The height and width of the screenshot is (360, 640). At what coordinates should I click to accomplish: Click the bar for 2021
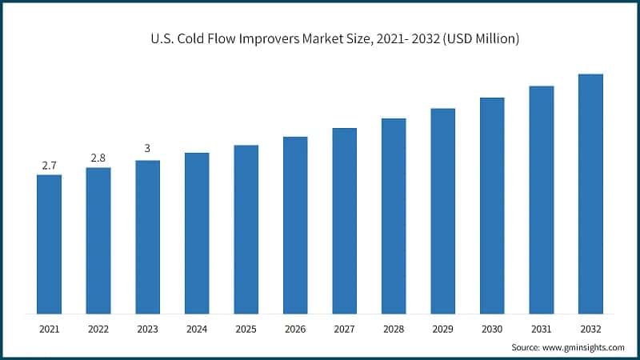click(49, 244)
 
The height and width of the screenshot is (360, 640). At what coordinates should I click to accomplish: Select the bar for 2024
click(197, 233)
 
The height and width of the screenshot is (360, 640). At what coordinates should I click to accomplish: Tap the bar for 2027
click(345, 221)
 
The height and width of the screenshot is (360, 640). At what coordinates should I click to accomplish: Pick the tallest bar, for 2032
click(590, 194)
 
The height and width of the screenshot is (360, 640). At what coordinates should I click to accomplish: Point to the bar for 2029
click(443, 210)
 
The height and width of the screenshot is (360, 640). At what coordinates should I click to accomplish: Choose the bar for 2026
click(295, 225)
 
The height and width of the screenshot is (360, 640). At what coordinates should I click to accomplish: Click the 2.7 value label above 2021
click(49, 166)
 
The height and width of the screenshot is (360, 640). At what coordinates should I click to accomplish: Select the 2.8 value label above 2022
click(98, 158)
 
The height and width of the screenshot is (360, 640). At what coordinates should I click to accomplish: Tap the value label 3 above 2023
click(147, 149)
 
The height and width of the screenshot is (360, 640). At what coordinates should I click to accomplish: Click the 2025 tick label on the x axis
click(246, 329)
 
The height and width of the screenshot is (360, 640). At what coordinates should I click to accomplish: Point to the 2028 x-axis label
click(394, 329)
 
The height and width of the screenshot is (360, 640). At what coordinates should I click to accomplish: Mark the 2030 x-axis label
click(492, 329)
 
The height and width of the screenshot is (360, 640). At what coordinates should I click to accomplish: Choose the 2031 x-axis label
click(542, 329)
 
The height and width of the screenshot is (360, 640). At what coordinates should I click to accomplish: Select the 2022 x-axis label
click(98, 329)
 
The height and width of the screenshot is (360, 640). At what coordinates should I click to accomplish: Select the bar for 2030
click(492, 206)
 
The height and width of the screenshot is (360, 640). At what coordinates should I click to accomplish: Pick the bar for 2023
click(147, 237)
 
